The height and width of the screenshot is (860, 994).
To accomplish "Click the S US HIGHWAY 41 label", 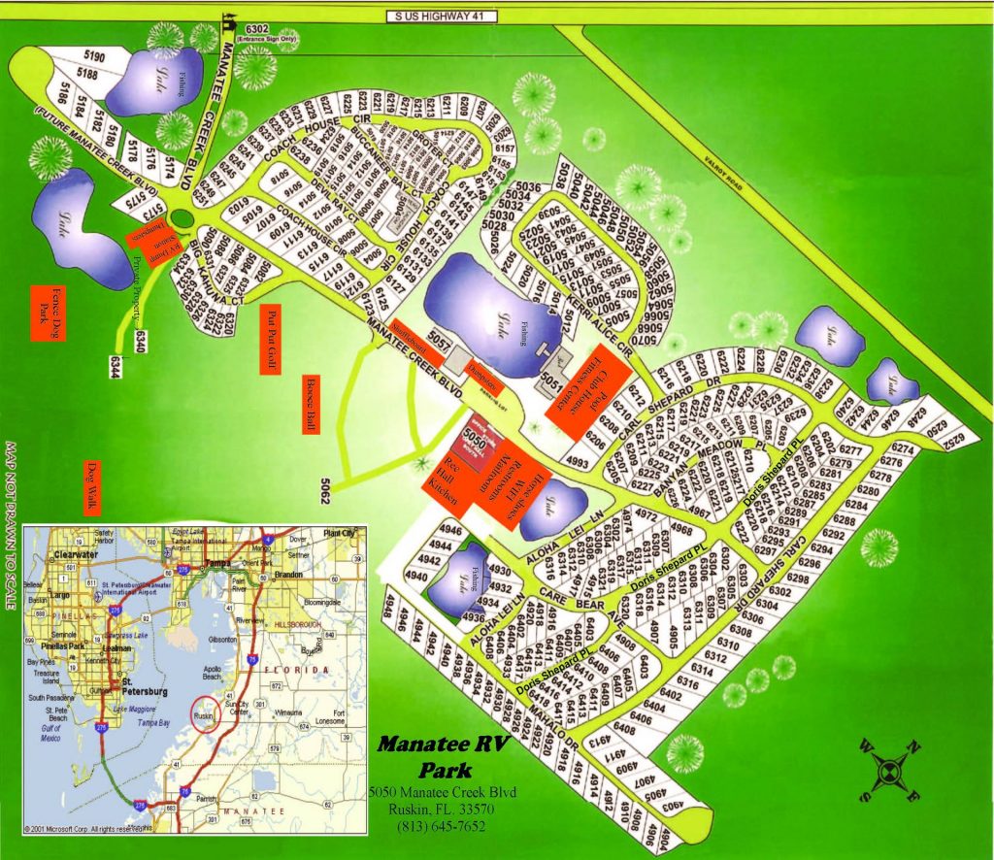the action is tap(441, 16).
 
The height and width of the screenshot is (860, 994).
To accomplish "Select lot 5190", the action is tap(93, 54).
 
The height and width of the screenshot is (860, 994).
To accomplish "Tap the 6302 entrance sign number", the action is tap(257, 30).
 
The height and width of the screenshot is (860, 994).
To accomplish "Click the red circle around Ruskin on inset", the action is tap(207, 712).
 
